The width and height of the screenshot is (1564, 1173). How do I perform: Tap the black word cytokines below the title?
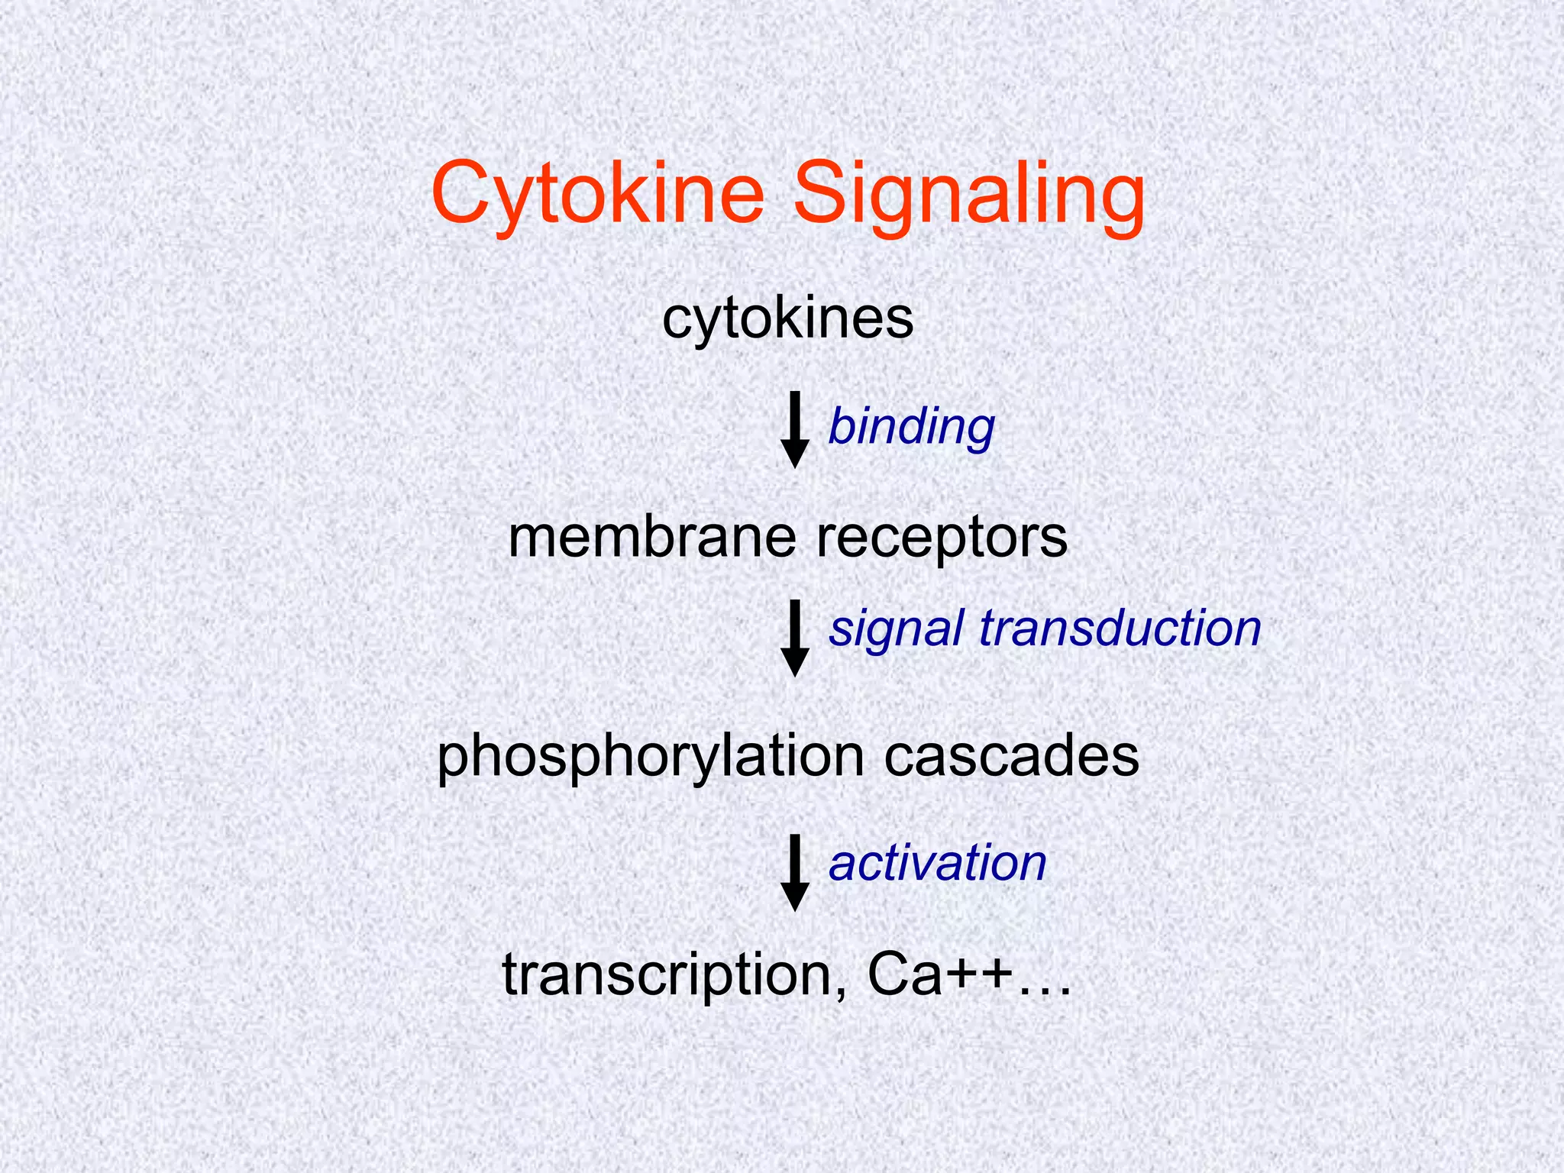pos(787,319)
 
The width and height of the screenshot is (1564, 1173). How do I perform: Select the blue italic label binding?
pos(911,427)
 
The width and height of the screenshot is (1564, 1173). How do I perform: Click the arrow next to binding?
pos(794,429)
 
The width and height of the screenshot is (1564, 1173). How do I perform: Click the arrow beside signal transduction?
pos(794,638)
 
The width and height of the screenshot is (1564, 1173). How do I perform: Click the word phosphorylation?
pos(650,758)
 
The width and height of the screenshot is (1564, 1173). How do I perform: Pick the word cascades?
pos(1011,756)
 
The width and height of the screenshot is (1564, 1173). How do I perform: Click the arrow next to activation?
pos(794,872)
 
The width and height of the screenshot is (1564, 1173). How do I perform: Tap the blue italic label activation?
pos(937,863)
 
